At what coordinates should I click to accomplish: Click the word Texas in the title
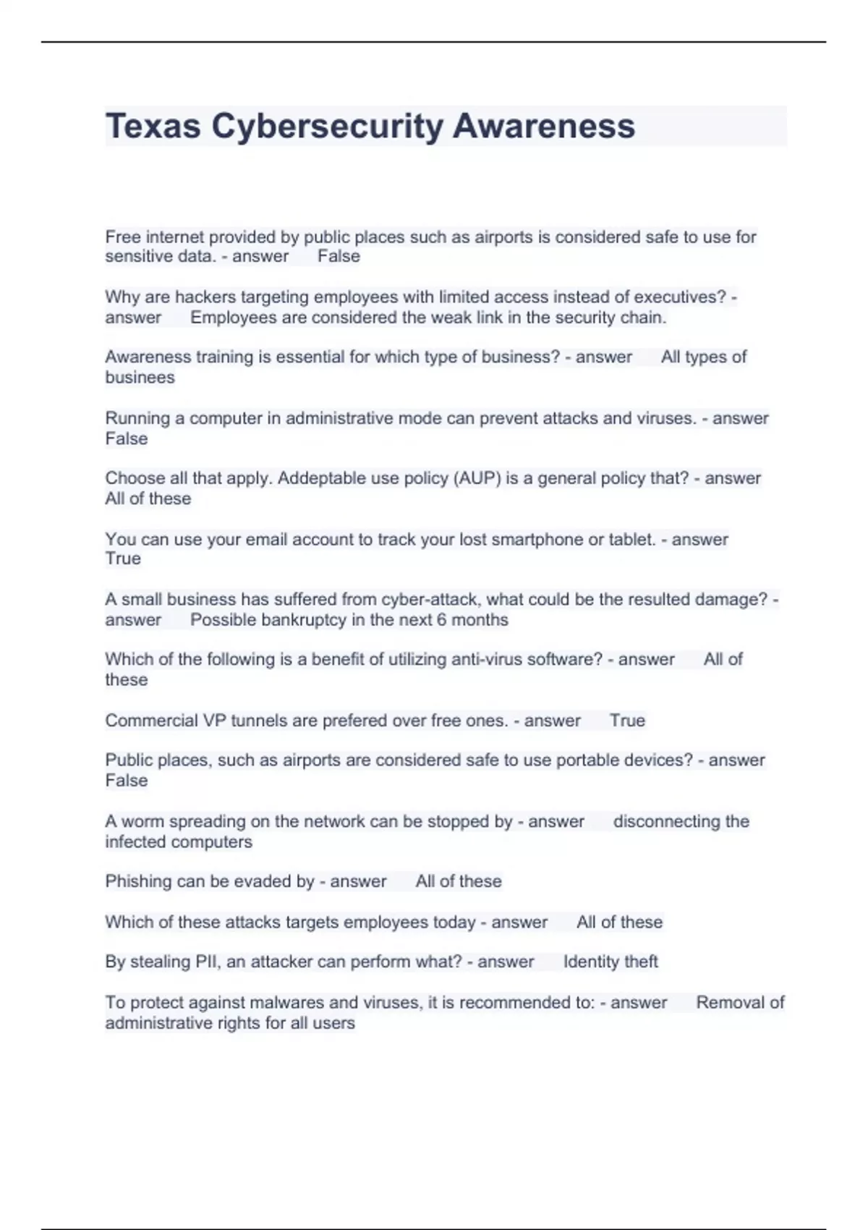153,126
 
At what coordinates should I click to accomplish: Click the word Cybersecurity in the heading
327,126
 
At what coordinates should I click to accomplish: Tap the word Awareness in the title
544,126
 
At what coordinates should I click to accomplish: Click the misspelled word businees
140,377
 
